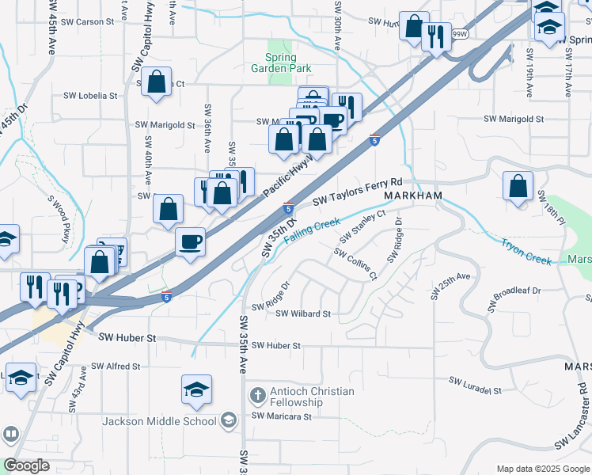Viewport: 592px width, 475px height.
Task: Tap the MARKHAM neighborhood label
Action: pyautogui.click(x=411, y=195)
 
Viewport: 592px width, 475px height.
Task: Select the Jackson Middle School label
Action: pyautogui.click(x=158, y=421)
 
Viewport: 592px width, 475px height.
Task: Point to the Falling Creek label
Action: pyautogui.click(x=313, y=230)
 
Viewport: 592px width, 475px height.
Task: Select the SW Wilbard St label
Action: pyautogui.click(x=303, y=313)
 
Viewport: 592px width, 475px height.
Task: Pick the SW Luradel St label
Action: pyautogui.click(x=475, y=390)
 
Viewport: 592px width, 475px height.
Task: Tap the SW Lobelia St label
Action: pyautogui.click(x=90, y=96)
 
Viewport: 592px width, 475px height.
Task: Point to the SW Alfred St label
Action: pyautogui.click(x=116, y=367)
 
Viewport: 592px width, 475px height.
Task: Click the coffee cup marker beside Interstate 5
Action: pyautogui.click(x=189, y=240)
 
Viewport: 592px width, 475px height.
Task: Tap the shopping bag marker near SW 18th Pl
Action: pyautogui.click(x=518, y=187)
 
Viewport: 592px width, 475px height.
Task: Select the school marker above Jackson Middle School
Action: pyautogui.click(x=196, y=389)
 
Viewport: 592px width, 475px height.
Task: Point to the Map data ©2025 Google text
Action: pyautogui.click(x=542, y=468)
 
